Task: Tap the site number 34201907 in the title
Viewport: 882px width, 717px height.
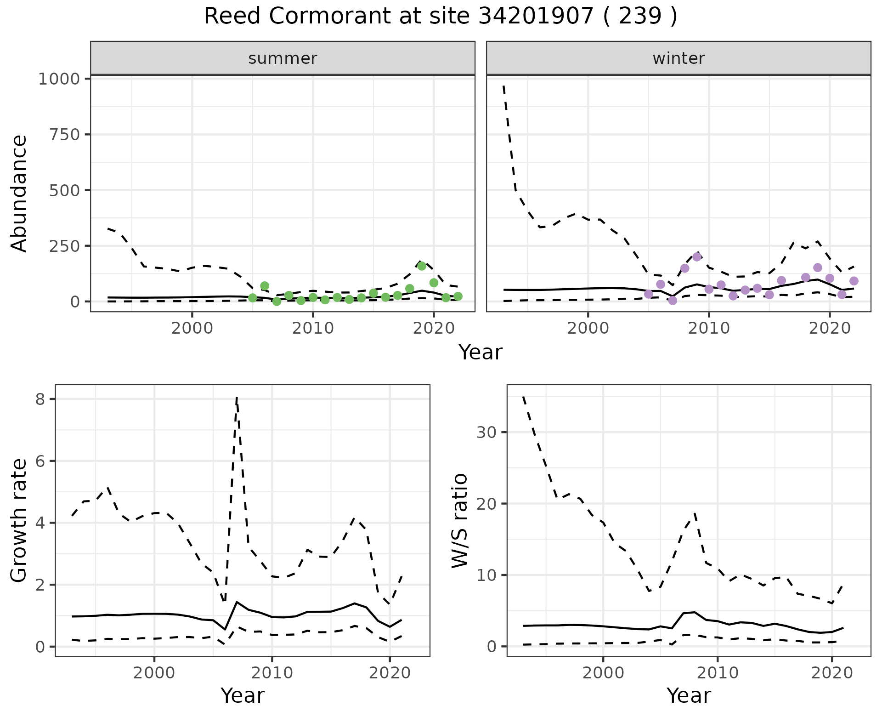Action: pos(536,17)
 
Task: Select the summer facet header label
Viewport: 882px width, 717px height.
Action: pos(283,58)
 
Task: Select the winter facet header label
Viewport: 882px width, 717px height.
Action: pos(678,58)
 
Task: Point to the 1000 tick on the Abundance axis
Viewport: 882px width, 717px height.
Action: pos(59,79)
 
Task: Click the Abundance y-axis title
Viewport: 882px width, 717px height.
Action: pos(19,193)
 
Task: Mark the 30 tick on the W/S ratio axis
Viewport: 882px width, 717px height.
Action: pos(486,432)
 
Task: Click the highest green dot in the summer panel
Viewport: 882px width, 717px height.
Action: pos(422,266)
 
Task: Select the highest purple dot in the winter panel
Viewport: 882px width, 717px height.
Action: pos(697,257)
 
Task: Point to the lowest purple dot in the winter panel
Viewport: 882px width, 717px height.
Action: pos(673,301)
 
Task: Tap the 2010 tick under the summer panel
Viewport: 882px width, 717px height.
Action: pos(313,329)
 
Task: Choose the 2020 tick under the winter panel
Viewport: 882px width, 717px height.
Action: pos(830,329)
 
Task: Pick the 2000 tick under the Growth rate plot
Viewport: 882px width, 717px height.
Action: pos(154,673)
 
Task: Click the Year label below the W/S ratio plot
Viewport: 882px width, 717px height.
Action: pos(689,696)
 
